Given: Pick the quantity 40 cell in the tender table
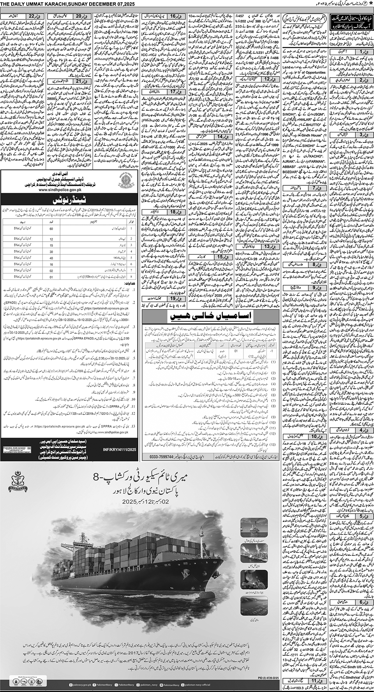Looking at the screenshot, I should [51, 252].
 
